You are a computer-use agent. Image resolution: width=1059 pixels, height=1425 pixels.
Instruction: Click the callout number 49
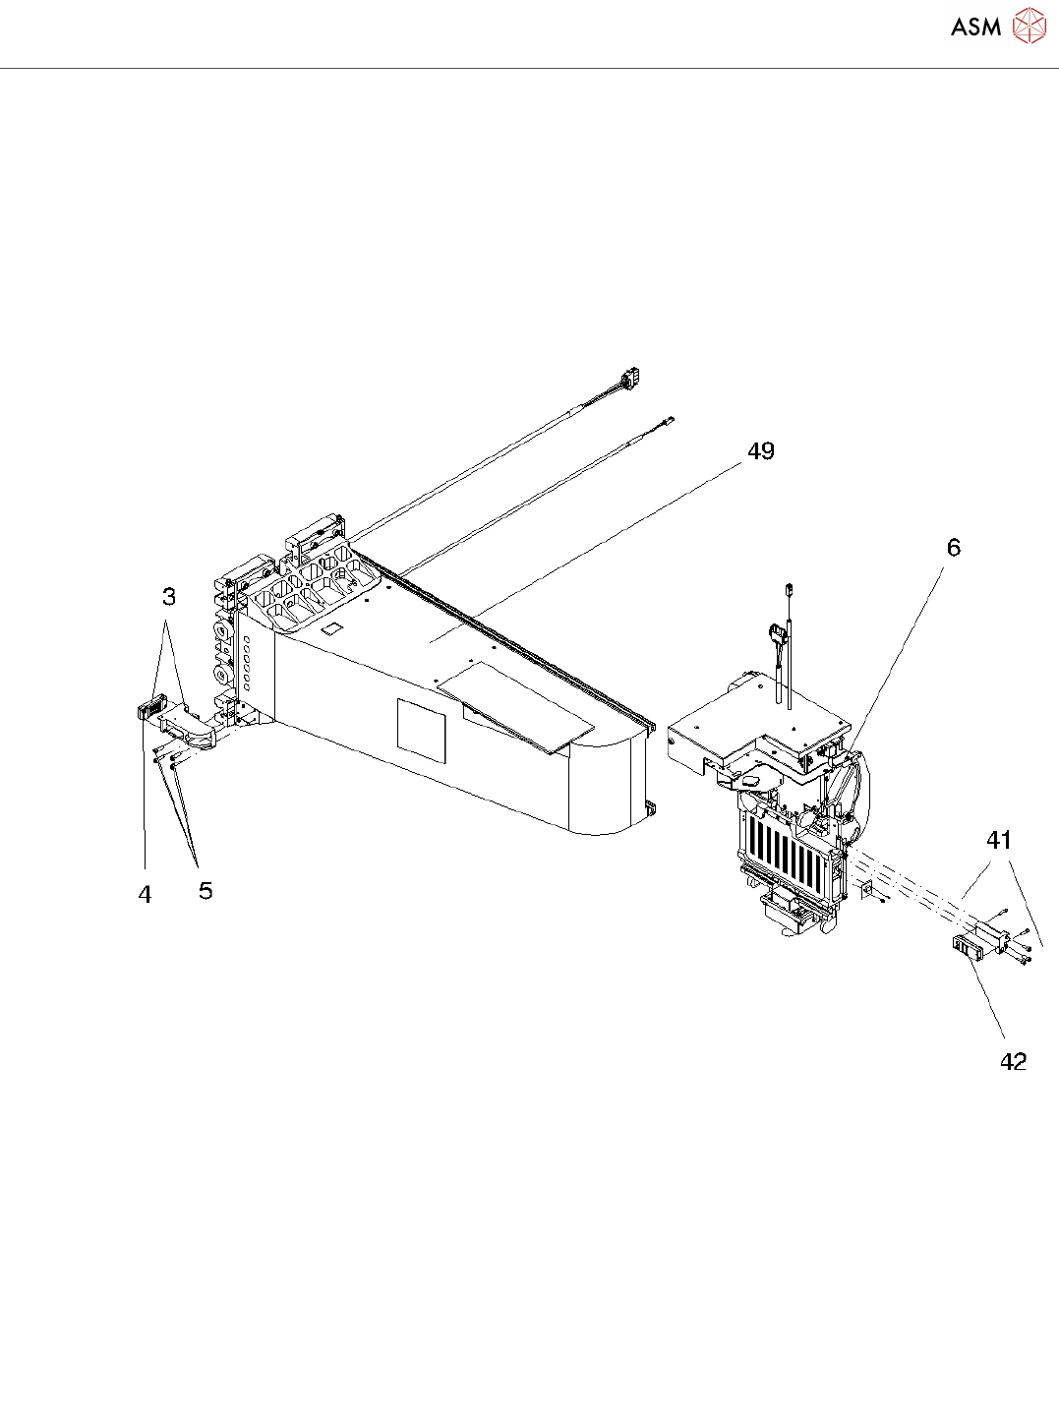761,451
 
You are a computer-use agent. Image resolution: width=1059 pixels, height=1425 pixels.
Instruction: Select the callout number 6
953,548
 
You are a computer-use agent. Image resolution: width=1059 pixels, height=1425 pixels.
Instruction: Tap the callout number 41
999,840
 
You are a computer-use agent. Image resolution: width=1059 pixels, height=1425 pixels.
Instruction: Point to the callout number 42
1013,1062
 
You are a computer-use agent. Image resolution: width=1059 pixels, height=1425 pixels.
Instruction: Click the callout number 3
169,596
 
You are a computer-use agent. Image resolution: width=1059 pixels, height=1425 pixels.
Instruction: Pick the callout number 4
145,895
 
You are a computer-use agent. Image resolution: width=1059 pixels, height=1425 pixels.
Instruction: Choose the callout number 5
205,891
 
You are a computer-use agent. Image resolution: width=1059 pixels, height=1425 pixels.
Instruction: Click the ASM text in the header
975,27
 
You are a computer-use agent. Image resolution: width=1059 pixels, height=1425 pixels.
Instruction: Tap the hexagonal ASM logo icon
1030,26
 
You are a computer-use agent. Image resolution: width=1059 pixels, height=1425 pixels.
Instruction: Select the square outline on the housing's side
421,731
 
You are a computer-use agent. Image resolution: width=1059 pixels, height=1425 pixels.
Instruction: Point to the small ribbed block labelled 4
148,708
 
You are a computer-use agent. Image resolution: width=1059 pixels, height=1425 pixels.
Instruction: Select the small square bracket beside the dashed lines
865,889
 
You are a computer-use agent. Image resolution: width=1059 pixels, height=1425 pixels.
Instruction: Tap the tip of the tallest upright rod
789,589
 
